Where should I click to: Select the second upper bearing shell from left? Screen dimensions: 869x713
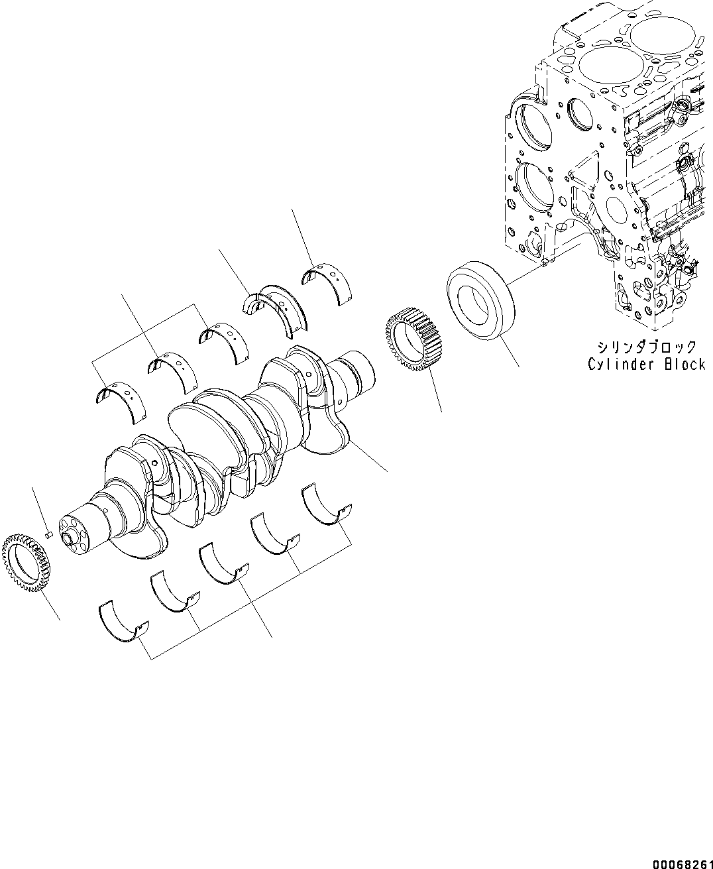tap(172, 372)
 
